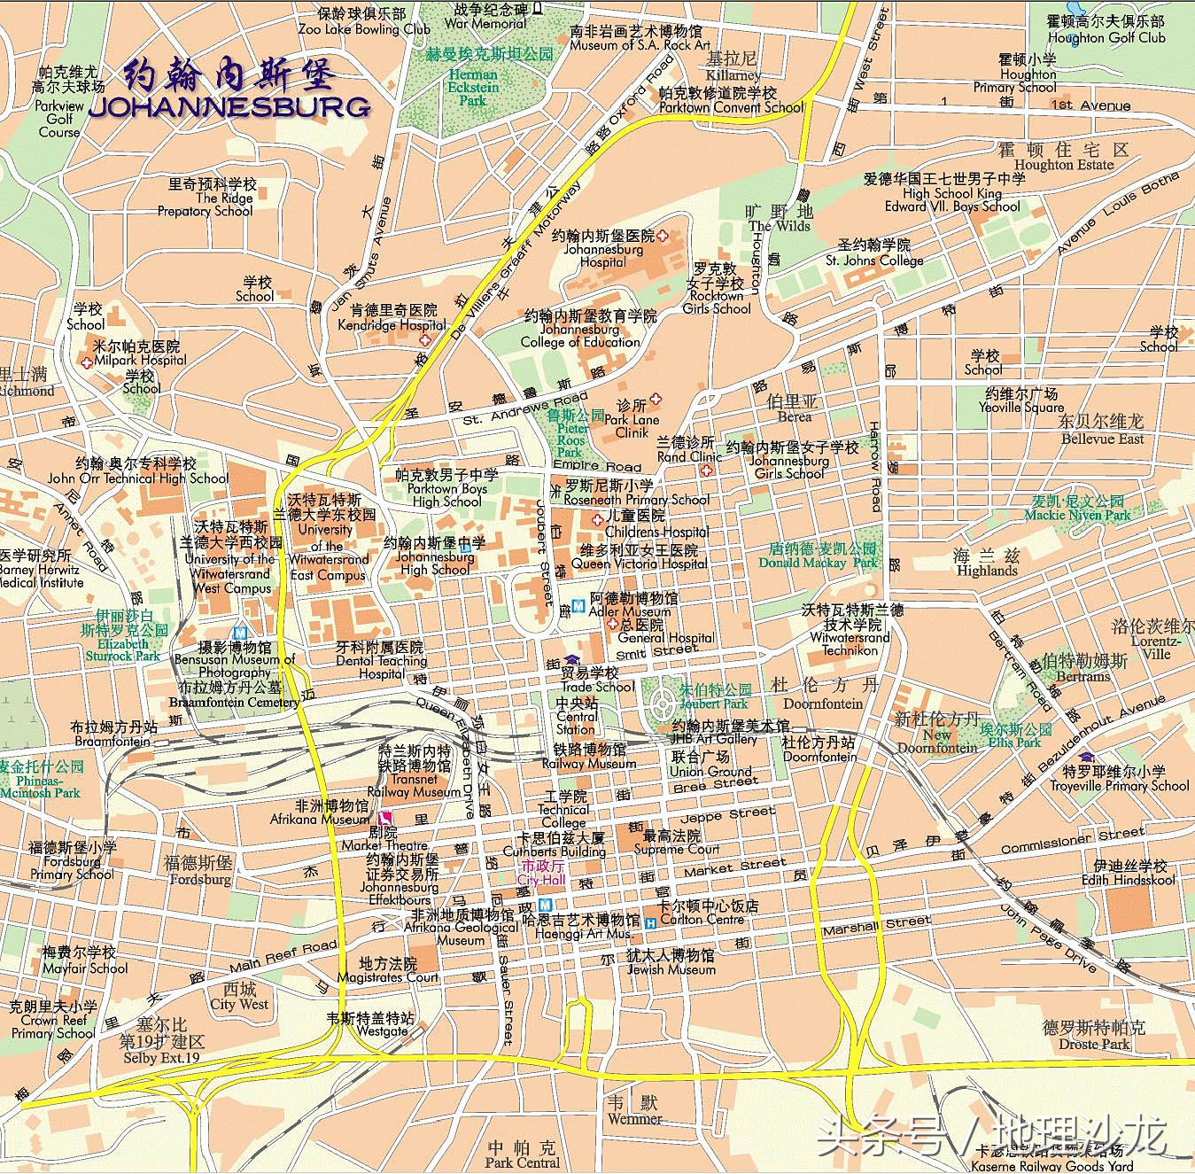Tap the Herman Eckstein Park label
pyautogui.click(x=474, y=87)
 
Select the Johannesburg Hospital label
pyautogui.click(x=603, y=255)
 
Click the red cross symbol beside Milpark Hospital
pyautogui.click(x=87, y=362)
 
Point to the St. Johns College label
pyautogui.click(x=873, y=260)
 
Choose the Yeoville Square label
pyautogui.click(x=1020, y=408)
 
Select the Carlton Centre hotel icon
pyautogui.click(x=651, y=922)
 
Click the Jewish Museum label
pyautogui.click(x=671, y=969)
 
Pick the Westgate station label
pyautogui.click(x=382, y=1030)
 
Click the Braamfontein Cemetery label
pyautogui.click(x=233, y=702)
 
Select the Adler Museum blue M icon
pyautogui.click(x=578, y=606)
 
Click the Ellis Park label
pyautogui.click(x=1015, y=742)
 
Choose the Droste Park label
pyautogui.click(x=1094, y=1044)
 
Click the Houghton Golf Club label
pyautogui.click(x=1106, y=37)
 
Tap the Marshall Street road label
pyautogui.click(x=876, y=925)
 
